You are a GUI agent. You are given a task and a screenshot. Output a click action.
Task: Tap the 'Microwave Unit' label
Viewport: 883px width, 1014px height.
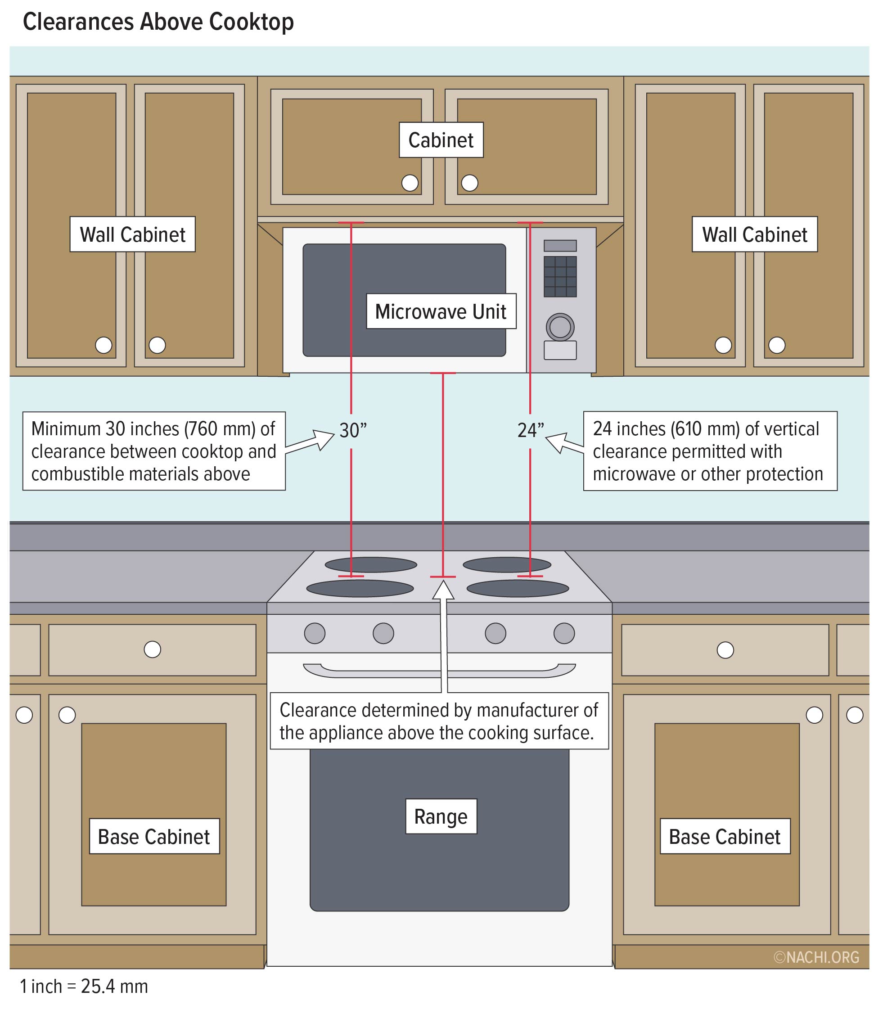pyautogui.click(x=441, y=311)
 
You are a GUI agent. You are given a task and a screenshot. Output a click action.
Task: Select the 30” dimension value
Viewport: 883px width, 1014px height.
pyautogui.click(x=353, y=430)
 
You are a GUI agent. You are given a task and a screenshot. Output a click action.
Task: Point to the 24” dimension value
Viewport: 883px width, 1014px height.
pyautogui.click(x=531, y=430)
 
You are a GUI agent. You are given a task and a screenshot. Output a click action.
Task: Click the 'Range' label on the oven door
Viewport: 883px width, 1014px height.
pyautogui.click(x=441, y=816)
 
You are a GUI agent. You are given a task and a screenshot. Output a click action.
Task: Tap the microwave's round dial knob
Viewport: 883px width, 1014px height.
pyautogui.click(x=560, y=327)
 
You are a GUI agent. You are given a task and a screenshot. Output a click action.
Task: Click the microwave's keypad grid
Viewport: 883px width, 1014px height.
pyautogui.click(x=560, y=276)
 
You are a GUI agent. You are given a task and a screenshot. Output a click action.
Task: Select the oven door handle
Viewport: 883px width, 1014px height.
pyautogui.click(x=439, y=670)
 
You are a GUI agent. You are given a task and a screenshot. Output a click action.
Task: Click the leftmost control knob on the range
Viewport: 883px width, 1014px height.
pyautogui.click(x=315, y=633)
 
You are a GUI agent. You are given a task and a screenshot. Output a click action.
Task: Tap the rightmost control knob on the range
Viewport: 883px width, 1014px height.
pyautogui.click(x=564, y=633)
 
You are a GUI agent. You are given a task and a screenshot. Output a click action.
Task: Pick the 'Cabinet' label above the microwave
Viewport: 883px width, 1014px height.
pyautogui.click(x=441, y=140)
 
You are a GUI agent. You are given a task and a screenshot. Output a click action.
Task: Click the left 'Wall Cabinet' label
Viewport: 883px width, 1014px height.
pyautogui.click(x=133, y=234)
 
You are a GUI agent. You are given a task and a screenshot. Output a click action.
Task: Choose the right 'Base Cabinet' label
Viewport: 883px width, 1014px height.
pyautogui.click(x=725, y=837)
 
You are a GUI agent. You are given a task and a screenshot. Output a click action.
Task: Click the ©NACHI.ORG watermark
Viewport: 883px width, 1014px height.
pyautogui.click(x=816, y=957)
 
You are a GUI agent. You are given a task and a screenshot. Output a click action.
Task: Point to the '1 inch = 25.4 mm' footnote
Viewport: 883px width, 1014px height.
pyautogui.click(x=84, y=987)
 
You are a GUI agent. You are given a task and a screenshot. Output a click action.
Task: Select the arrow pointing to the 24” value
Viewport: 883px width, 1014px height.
pyautogui.click(x=565, y=443)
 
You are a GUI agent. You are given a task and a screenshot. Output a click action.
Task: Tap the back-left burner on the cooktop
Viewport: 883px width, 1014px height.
pyautogui.click(x=371, y=565)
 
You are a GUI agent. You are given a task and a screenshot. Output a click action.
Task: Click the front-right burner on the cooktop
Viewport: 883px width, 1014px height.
pyautogui.click(x=518, y=588)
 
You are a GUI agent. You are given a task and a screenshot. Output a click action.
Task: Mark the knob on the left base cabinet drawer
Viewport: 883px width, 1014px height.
pyautogui.click(x=152, y=649)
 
